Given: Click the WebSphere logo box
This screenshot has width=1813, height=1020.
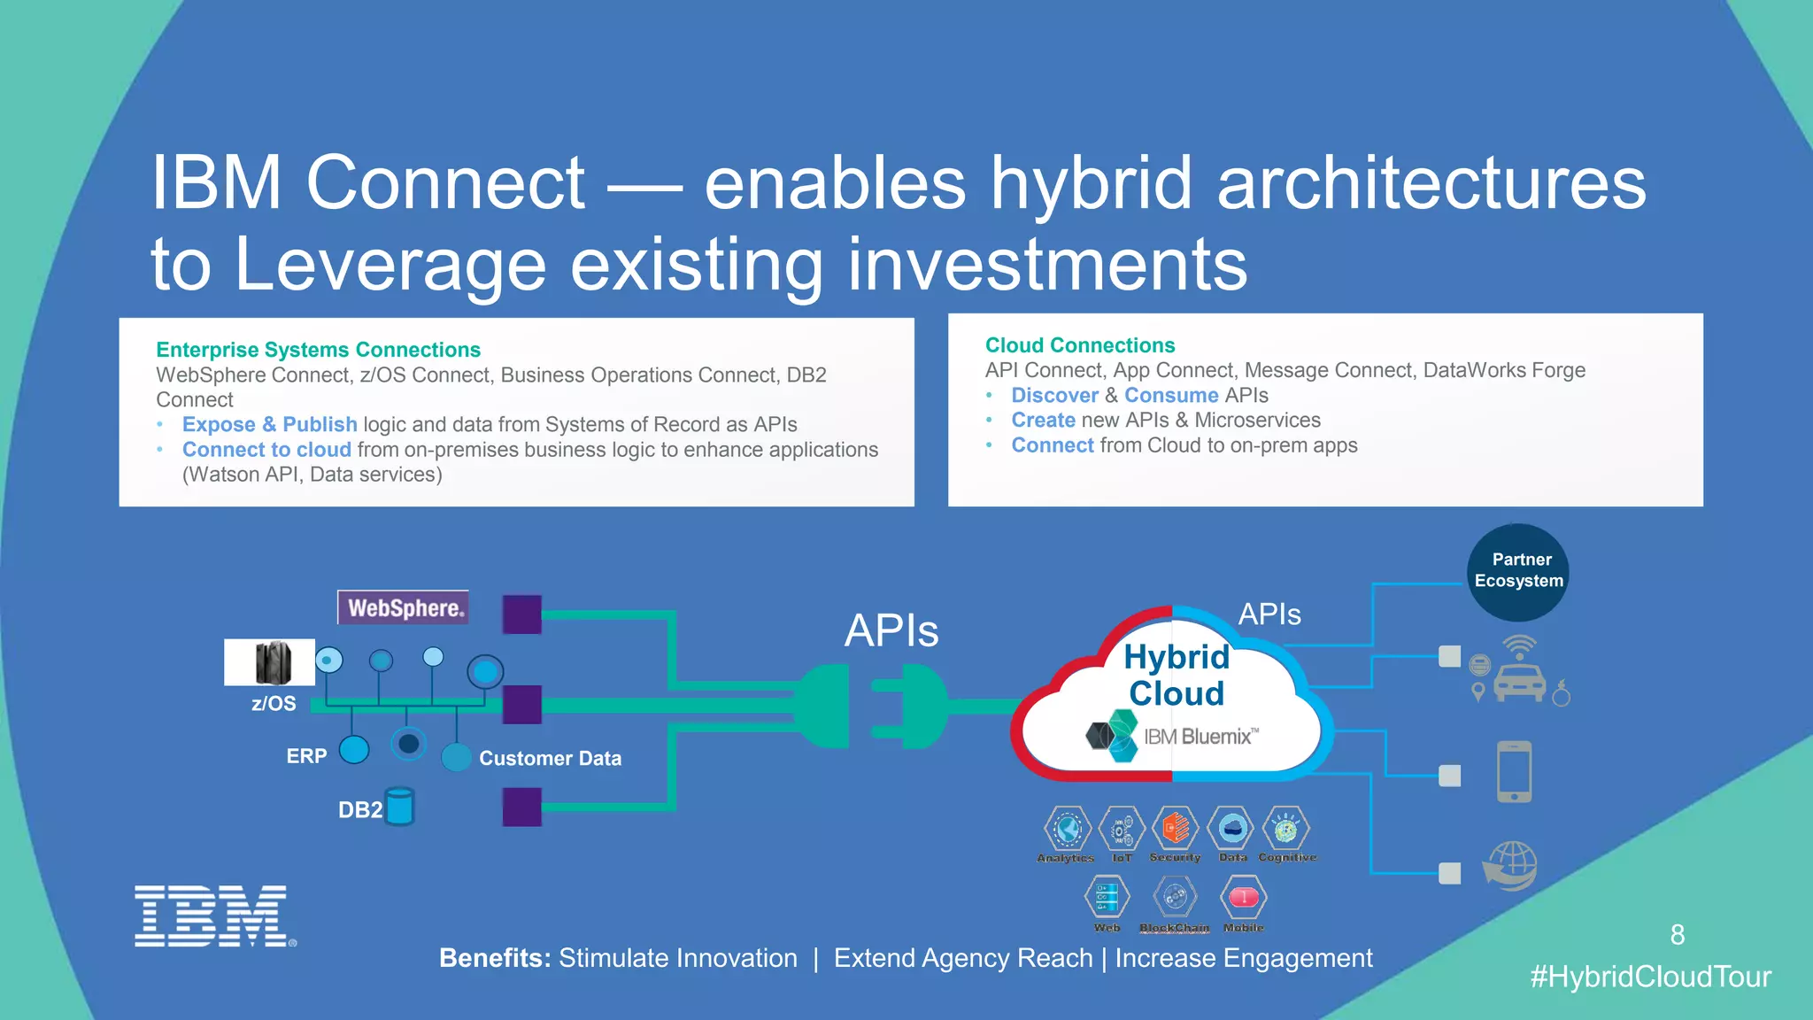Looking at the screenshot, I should (x=404, y=608).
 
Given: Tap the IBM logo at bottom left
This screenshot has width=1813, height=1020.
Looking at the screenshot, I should (x=213, y=916).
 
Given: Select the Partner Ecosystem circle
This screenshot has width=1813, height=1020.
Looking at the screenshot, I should (x=1518, y=572).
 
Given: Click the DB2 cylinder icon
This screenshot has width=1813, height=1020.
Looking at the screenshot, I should (x=400, y=807).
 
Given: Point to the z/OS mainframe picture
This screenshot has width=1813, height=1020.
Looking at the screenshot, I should (x=270, y=662).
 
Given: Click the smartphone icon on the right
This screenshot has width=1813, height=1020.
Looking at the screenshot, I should (x=1514, y=772).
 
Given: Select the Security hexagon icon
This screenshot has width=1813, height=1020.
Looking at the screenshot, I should (x=1176, y=829).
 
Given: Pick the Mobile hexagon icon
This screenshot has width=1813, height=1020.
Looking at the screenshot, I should (x=1243, y=898).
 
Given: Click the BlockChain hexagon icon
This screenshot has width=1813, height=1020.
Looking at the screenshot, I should (x=1175, y=898).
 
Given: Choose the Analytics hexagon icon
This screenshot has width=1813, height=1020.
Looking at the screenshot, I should (x=1067, y=829).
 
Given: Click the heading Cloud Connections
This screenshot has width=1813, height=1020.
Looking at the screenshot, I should (x=1080, y=345).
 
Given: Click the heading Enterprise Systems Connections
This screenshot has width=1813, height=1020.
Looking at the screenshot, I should (x=318, y=350).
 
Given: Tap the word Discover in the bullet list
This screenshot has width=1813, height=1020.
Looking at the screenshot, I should (x=1054, y=396).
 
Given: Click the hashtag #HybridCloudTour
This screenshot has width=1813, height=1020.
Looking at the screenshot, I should (x=1650, y=977).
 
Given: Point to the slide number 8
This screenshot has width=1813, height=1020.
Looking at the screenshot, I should (x=1677, y=935).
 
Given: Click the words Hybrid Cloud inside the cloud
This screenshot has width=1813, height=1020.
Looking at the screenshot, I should (x=1177, y=675).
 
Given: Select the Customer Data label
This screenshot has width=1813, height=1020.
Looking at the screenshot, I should (x=550, y=759).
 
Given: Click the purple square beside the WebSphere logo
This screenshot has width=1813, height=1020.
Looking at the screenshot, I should (x=521, y=614).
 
